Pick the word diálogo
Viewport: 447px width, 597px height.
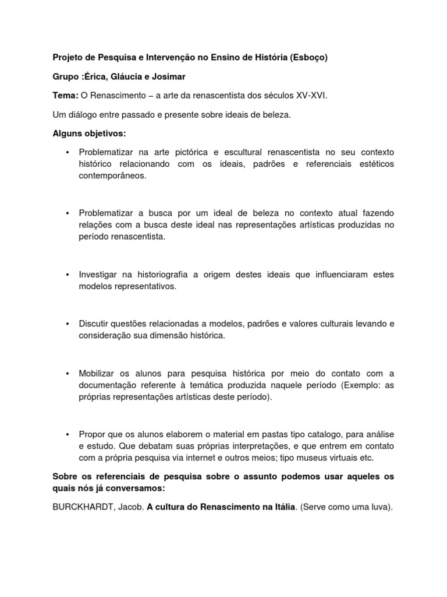83,115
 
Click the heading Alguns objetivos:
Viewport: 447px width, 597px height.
89,134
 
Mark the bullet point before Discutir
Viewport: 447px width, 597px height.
68,324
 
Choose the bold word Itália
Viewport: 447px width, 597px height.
281,507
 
